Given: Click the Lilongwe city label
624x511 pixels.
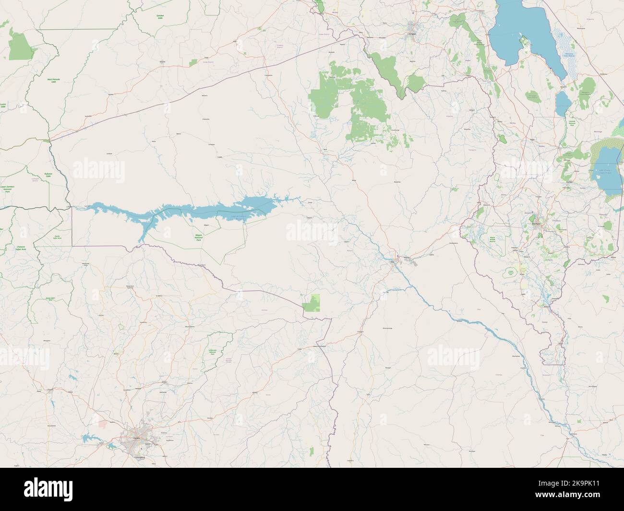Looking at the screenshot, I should [410, 35].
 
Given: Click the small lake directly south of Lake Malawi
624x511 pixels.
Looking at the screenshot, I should [562, 102].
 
